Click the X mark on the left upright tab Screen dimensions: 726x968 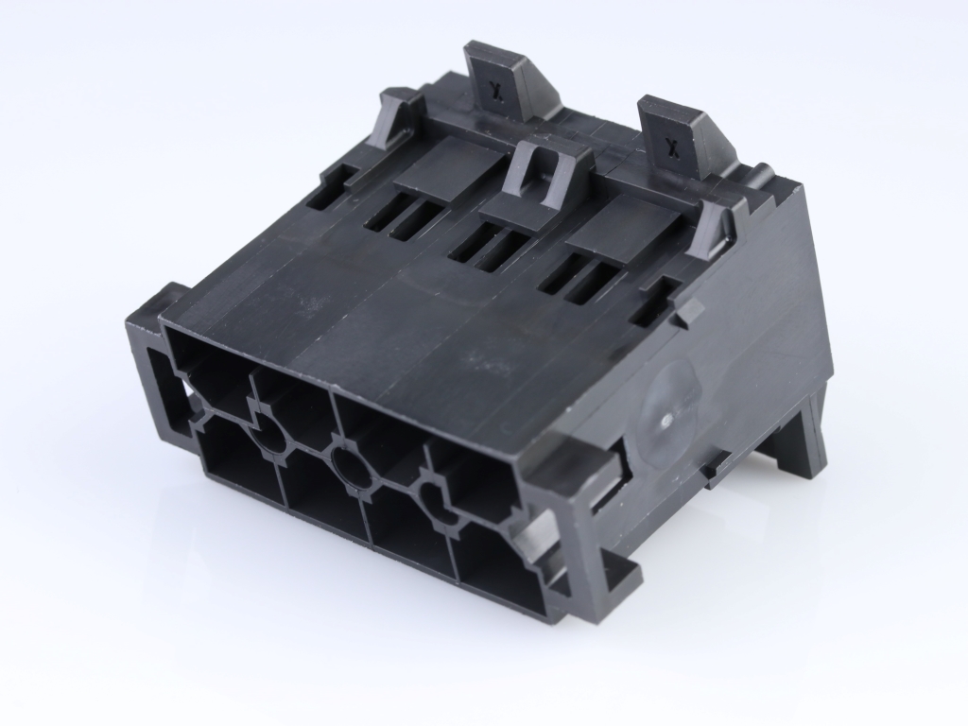pyautogui.click(x=493, y=87)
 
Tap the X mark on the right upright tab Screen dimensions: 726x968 pyautogui.click(x=672, y=145)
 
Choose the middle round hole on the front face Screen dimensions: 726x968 pyautogui.click(x=353, y=468)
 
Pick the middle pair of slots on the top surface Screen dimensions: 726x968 pyautogui.click(x=491, y=248)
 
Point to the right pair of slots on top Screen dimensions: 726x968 pyautogui.click(x=579, y=279)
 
